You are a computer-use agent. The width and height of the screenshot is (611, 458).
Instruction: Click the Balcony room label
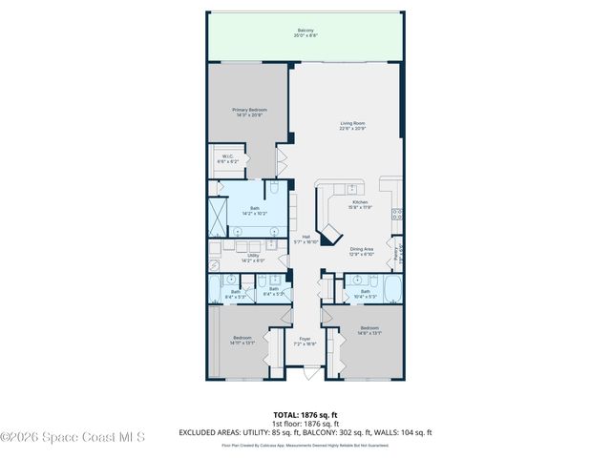(305, 33)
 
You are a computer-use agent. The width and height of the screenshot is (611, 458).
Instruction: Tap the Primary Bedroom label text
(250, 113)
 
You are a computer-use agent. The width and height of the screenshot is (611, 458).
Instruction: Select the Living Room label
(353, 125)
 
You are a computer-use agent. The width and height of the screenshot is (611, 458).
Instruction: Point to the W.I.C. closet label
(228, 159)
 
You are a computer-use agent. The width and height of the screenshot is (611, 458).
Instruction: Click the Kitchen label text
(360, 204)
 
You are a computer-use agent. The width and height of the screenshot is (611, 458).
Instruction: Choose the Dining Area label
(361, 252)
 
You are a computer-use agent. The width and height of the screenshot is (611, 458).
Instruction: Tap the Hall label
(306, 239)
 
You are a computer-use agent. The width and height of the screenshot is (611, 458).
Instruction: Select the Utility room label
(254, 258)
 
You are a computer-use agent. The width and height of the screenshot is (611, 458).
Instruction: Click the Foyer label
(305, 341)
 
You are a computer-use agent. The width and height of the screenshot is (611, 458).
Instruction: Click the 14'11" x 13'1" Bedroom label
(243, 341)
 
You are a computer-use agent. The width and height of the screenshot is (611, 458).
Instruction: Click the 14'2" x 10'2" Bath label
(255, 211)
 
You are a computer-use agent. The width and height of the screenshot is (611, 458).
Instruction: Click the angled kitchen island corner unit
(331, 234)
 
